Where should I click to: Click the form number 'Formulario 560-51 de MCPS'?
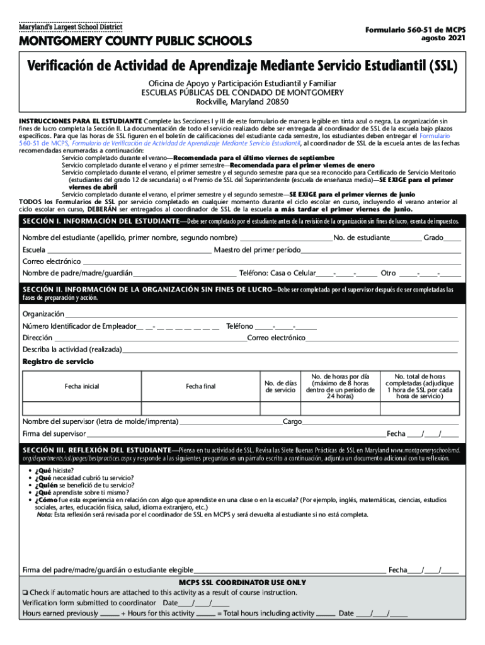(x=412, y=29)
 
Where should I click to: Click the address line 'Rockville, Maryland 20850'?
(x=242, y=101)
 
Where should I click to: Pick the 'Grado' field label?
(x=433, y=237)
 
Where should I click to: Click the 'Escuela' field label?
(x=34, y=249)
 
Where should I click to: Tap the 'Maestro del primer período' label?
(x=257, y=249)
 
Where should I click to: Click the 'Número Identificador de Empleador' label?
(x=79, y=326)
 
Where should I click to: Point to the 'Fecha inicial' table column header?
(x=81, y=386)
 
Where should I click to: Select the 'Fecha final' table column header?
(x=200, y=386)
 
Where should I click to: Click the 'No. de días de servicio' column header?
(x=280, y=386)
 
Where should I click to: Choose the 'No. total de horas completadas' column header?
(x=419, y=385)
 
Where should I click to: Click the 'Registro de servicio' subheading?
(x=58, y=362)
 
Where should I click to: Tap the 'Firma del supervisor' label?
(x=54, y=433)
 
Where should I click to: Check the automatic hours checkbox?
(x=26, y=593)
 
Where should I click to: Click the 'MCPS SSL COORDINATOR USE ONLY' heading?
(x=243, y=583)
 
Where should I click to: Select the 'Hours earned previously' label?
(x=60, y=614)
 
